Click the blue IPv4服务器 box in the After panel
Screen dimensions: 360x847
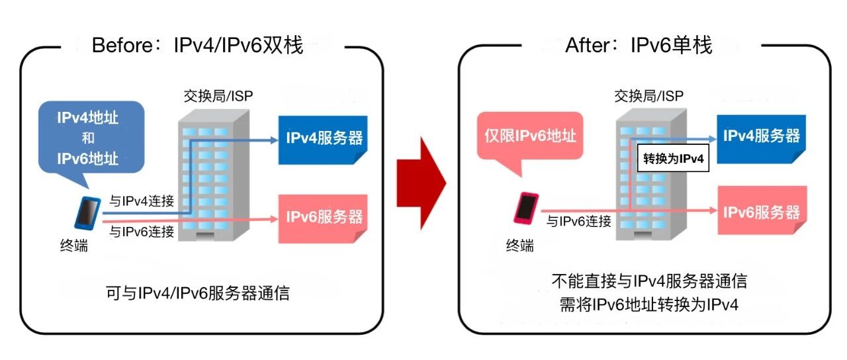coord(761,136)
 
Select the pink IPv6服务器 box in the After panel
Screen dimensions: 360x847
coord(761,212)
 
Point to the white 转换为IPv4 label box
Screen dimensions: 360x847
coord(673,159)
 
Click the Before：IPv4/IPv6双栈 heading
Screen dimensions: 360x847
coord(197,46)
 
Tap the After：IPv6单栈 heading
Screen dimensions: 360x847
coord(638,46)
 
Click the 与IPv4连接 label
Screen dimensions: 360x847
coord(142,201)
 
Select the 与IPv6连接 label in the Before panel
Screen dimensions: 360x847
coord(142,232)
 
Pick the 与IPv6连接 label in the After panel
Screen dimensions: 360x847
coord(578,222)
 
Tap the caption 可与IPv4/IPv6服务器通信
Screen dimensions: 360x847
coord(197,293)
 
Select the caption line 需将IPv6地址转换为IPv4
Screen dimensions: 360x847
coord(648,304)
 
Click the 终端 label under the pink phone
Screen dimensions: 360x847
coord(519,246)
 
